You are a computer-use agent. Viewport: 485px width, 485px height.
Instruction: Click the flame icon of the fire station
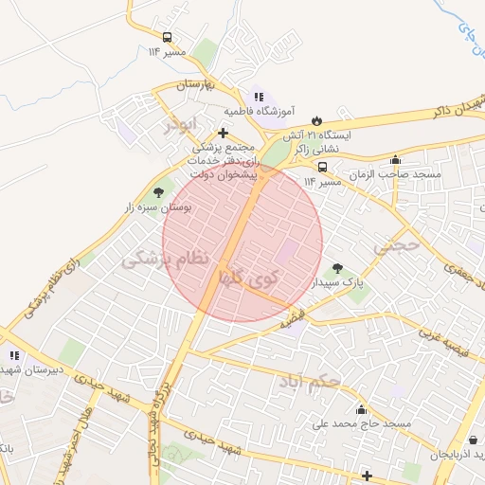pos(316,121)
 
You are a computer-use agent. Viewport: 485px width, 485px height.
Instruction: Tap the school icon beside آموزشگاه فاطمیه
pos(259,97)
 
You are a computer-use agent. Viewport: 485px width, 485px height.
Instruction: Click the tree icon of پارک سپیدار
pos(338,266)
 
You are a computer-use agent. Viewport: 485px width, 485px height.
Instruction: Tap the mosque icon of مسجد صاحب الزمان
pos(395,159)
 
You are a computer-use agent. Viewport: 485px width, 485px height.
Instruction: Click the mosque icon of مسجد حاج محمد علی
pos(361,409)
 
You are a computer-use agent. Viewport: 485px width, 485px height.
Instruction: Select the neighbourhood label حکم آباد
pos(309,383)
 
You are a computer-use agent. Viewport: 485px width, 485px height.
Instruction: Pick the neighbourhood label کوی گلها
pos(249,278)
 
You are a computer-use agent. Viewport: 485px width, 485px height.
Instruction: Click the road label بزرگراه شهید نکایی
pos(157,417)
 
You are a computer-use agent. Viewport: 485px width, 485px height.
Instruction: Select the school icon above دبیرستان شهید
pos(13,356)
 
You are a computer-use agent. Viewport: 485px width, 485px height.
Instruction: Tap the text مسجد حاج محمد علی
pos(364,424)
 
